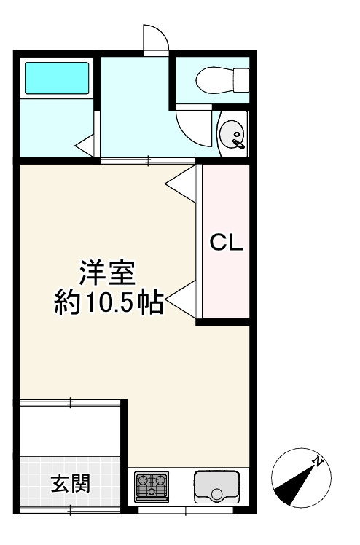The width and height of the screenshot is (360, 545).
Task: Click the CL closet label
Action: tap(226, 243)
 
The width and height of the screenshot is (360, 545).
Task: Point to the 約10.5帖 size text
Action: tap(108, 302)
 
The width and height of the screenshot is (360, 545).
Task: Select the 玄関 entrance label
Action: tap(70, 483)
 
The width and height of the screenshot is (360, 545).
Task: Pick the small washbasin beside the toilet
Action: tap(233, 133)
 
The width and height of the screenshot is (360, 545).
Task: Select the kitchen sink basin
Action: tap(216, 486)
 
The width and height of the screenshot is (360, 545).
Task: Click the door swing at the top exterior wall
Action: tap(154, 38)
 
